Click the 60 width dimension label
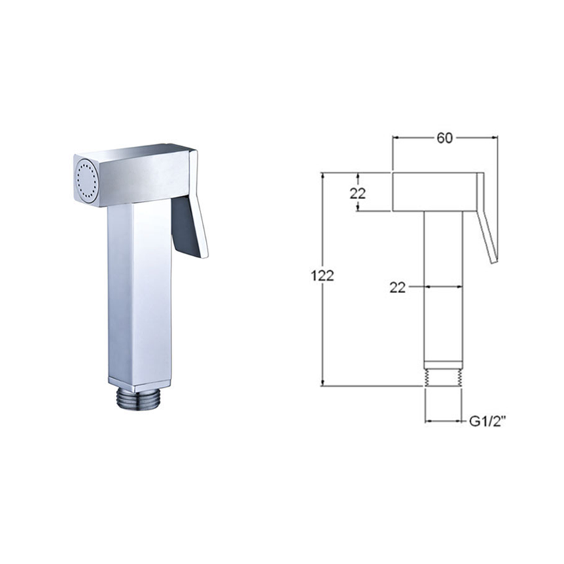pos(444,138)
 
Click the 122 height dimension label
pos(322,276)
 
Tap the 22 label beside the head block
pos(357,194)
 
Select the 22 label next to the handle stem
pos(398,287)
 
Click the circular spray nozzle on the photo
pos(87,180)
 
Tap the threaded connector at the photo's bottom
pos(139,400)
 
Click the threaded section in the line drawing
pos(443,378)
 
